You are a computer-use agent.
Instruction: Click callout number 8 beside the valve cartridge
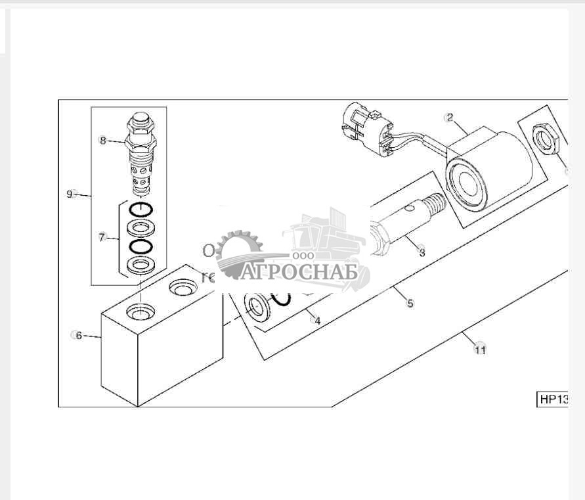pos(102,139)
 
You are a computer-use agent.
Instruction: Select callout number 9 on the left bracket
pos(70,193)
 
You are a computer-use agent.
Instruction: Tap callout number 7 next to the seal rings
pos(102,238)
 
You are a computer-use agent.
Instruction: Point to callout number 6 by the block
pos(79,336)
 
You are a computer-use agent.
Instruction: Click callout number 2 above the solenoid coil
pos(449,118)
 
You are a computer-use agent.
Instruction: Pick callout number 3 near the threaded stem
pos(422,252)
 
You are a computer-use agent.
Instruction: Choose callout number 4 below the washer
pos(318,321)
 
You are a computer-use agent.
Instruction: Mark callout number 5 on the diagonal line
pos(410,304)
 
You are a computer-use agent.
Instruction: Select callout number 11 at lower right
pos(481,350)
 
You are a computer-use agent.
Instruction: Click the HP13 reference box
pos(552,399)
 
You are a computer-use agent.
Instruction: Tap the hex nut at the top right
pos(546,139)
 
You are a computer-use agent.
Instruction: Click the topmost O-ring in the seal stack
pos(141,210)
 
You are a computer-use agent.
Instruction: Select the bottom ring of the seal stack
pos(141,265)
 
